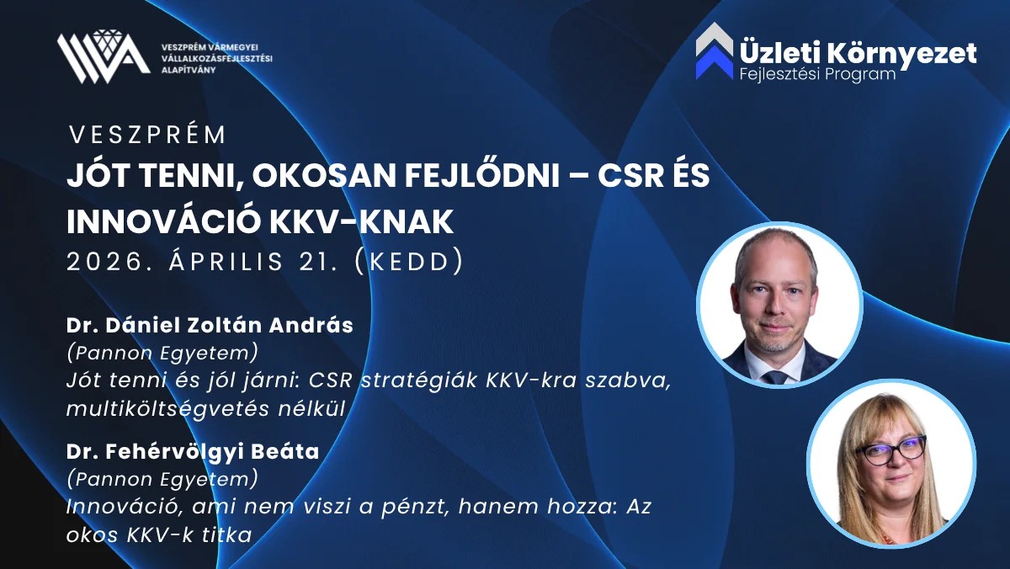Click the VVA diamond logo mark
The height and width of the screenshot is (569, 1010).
104,56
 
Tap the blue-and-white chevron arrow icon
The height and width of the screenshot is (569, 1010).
715,51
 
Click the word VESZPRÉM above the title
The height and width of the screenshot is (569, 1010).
147,135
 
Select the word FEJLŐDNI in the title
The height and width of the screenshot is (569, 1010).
482,175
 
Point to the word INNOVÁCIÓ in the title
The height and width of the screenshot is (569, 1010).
164,221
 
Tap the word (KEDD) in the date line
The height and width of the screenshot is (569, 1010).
409,261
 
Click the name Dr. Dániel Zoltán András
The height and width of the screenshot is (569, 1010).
210,326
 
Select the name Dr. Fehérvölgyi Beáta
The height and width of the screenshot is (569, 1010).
193,452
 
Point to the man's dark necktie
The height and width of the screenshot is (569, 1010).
775,377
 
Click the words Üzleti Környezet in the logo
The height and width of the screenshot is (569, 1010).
858,54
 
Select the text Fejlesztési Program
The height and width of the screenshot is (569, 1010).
817,74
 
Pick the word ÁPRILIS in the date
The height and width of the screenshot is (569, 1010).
226,261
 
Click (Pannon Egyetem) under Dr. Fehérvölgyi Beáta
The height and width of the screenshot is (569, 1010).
162,479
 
